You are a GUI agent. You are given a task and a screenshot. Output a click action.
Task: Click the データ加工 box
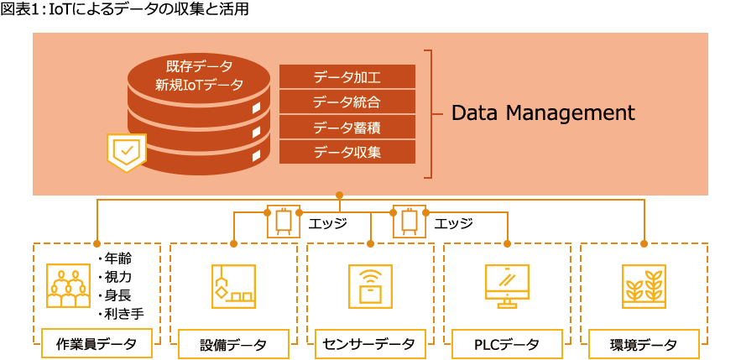click(x=347, y=77)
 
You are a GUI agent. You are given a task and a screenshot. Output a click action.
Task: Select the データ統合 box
click(x=347, y=102)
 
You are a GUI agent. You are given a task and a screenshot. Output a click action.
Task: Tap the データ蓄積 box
click(x=347, y=128)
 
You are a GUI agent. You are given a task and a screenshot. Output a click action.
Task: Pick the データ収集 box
click(x=347, y=152)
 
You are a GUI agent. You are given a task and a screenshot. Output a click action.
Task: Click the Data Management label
click(x=543, y=112)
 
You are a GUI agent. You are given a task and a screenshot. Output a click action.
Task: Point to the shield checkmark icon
click(x=127, y=152)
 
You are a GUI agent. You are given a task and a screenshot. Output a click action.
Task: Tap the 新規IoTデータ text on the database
click(x=199, y=84)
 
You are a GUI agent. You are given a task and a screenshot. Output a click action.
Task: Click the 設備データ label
click(x=233, y=344)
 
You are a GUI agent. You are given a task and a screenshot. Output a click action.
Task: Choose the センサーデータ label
click(x=370, y=344)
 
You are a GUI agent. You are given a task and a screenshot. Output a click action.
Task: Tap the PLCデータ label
click(x=506, y=344)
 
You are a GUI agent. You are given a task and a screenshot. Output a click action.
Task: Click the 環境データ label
click(x=644, y=344)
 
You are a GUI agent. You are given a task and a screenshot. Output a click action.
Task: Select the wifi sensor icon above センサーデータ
click(x=369, y=286)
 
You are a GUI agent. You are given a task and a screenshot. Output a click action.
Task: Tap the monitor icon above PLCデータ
click(x=506, y=286)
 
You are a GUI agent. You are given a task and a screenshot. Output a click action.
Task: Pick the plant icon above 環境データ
click(x=644, y=286)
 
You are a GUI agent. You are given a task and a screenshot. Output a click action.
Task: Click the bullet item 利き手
click(x=123, y=313)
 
